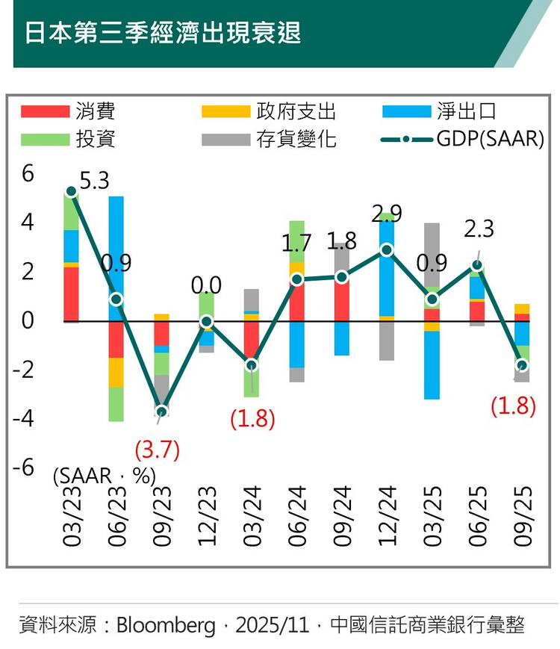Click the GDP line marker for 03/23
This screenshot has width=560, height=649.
[x=71, y=191]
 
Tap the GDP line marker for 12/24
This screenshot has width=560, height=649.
[x=386, y=249]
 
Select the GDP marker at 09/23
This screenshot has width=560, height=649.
[x=161, y=412]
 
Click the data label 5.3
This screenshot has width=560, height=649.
[x=95, y=181]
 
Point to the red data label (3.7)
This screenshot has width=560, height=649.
[x=158, y=450]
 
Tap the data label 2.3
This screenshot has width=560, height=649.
[x=479, y=229]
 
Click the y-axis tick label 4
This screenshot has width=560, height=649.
[x=28, y=223]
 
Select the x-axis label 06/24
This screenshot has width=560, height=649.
[x=296, y=516]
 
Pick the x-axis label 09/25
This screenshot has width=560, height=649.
[x=522, y=516]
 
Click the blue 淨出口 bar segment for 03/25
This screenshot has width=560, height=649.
[x=432, y=364]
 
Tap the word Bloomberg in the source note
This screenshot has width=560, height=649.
[x=165, y=624]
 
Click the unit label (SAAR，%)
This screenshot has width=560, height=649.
[x=104, y=476]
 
